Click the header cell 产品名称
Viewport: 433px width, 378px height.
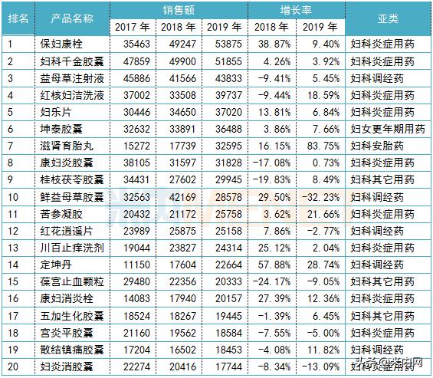pyautogui.click(x=72, y=18)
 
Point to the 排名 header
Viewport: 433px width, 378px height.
pyautogui.click(x=18, y=18)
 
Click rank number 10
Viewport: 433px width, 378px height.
pyautogui.click(x=13, y=196)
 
